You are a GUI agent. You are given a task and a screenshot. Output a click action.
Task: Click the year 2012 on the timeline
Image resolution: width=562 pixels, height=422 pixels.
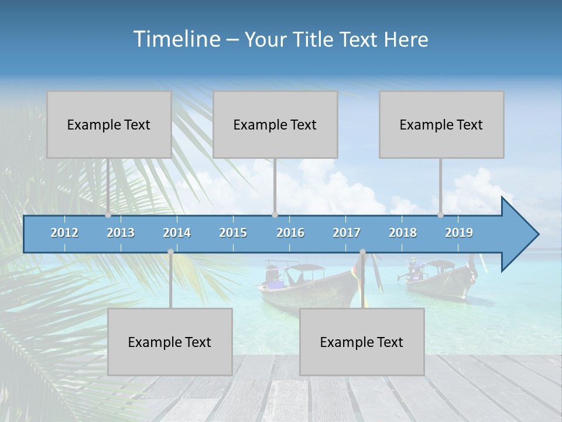(x=64, y=233)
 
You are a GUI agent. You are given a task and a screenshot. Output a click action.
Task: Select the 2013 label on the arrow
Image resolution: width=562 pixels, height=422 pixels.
(x=121, y=233)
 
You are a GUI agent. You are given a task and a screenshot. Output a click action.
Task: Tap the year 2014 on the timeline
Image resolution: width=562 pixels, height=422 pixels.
(x=177, y=233)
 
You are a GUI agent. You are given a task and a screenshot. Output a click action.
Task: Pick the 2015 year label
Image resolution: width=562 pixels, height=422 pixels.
(x=233, y=233)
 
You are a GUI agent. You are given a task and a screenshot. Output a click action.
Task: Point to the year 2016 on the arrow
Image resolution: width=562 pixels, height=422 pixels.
(x=290, y=233)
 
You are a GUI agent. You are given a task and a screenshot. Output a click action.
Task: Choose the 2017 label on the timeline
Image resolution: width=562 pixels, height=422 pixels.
(x=347, y=233)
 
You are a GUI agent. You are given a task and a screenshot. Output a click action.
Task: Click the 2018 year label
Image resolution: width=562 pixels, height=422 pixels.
(x=403, y=233)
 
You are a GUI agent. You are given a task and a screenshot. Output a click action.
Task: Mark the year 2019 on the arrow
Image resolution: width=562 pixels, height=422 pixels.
(x=459, y=233)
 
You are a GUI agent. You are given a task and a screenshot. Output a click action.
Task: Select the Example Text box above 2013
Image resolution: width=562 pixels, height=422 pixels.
(x=109, y=125)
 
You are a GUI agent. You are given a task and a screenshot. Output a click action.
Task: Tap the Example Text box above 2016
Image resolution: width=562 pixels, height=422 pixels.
(x=275, y=125)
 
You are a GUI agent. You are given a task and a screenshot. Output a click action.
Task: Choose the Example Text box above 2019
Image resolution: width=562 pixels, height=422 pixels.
(x=441, y=125)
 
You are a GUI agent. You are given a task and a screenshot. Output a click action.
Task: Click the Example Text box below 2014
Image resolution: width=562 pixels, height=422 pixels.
(x=170, y=342)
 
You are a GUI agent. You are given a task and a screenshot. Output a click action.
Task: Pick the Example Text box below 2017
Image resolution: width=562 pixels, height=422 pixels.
(x=362, y=342)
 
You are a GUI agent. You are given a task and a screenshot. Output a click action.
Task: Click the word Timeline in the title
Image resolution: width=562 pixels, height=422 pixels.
(x=176, y=39)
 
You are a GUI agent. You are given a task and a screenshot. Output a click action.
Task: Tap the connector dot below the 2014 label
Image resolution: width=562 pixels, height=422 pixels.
(x=170, y=252)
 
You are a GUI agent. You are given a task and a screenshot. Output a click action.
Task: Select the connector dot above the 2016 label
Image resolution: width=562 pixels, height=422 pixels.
(x=275, y=215)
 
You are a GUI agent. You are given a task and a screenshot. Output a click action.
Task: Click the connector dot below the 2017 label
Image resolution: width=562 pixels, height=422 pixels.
(x=362, y=252)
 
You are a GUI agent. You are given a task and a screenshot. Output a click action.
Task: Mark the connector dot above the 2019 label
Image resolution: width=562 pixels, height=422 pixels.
(x=441, y=215)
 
